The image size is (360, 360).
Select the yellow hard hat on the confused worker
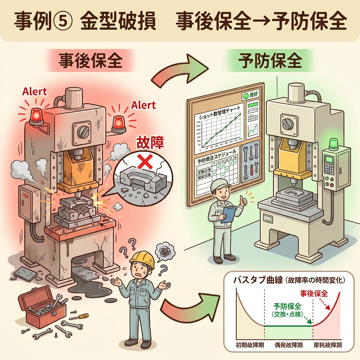click(x=142, y=259)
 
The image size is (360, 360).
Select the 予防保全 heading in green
click(x=270, y=61)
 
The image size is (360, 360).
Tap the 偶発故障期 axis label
click(x=288, y=345)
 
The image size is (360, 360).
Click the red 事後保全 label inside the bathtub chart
click(x=314, y=292)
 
